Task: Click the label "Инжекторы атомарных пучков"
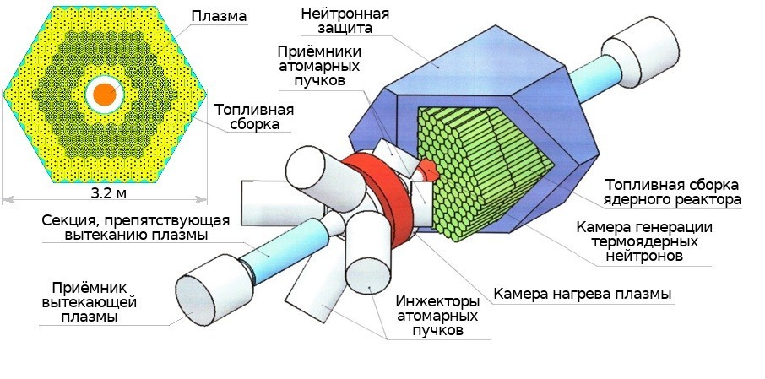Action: pyautogui.click(x=437, y=317)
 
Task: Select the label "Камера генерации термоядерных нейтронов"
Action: pyautogui.click(x=645, y=241)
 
